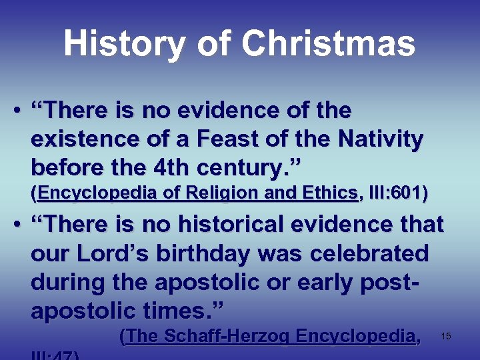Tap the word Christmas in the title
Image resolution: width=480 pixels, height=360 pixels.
[328, 45]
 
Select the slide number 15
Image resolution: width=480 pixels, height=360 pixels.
[446, 337]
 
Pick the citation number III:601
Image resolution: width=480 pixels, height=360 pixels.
[398, 194]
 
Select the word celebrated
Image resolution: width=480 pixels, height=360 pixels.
[362, 254]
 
